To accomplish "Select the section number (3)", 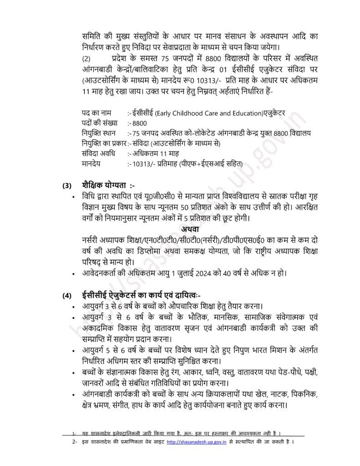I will click(67, 186).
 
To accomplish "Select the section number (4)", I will click(67, 296).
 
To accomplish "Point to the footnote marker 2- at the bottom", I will click(74, 442).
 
